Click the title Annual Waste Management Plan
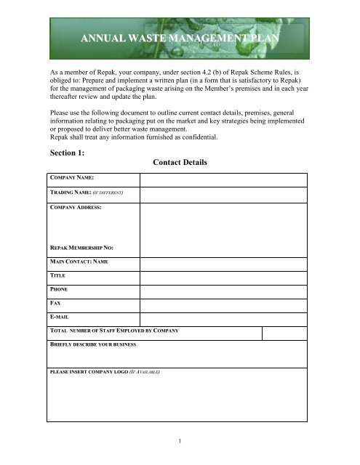pos(180,39)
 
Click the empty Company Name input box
pos(223,179)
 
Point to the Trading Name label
pos(85,194)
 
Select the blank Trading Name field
pos(223,195)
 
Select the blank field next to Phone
pos(223,292)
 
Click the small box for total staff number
pos(284,333)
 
